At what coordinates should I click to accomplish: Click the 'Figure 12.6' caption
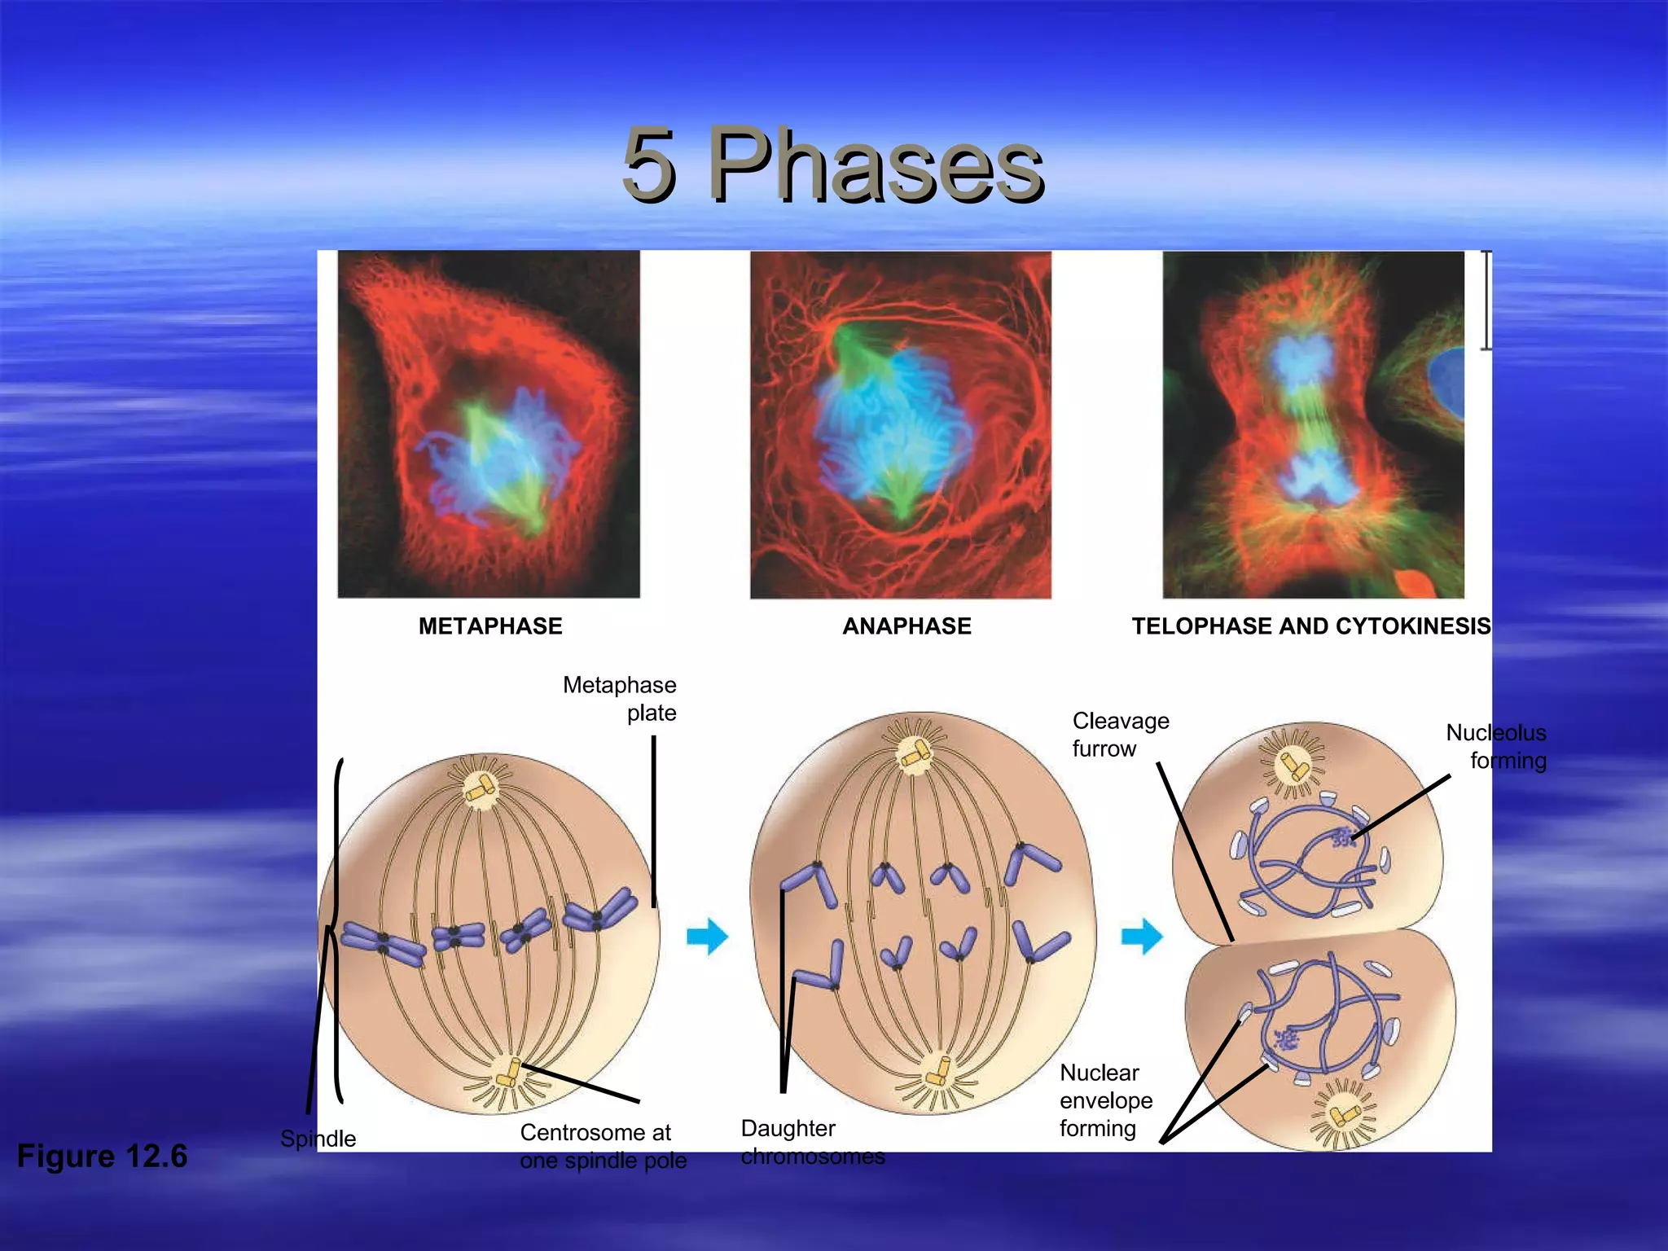point(102,1156)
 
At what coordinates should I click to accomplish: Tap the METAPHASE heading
point(490,625)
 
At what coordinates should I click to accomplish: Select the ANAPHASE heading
point(906,625)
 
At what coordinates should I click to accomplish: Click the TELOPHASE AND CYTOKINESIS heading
point(1310,625)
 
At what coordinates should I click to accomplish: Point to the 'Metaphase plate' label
point(621,699)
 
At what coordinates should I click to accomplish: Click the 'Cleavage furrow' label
point(1120,735)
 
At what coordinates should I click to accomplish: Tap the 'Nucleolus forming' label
point(1497,746)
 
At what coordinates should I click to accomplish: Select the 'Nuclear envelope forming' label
point(1105,1100)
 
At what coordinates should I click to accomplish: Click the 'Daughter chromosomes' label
point(811,1142)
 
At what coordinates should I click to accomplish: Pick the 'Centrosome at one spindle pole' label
point(603,1146)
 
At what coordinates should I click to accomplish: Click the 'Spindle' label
point(318,1138)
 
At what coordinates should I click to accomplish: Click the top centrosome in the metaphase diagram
point(481,788)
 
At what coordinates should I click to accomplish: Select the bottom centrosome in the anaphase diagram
point(938,1073)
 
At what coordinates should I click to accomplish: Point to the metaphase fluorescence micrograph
point(489,424)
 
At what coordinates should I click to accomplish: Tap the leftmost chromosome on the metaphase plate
point(382,943)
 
